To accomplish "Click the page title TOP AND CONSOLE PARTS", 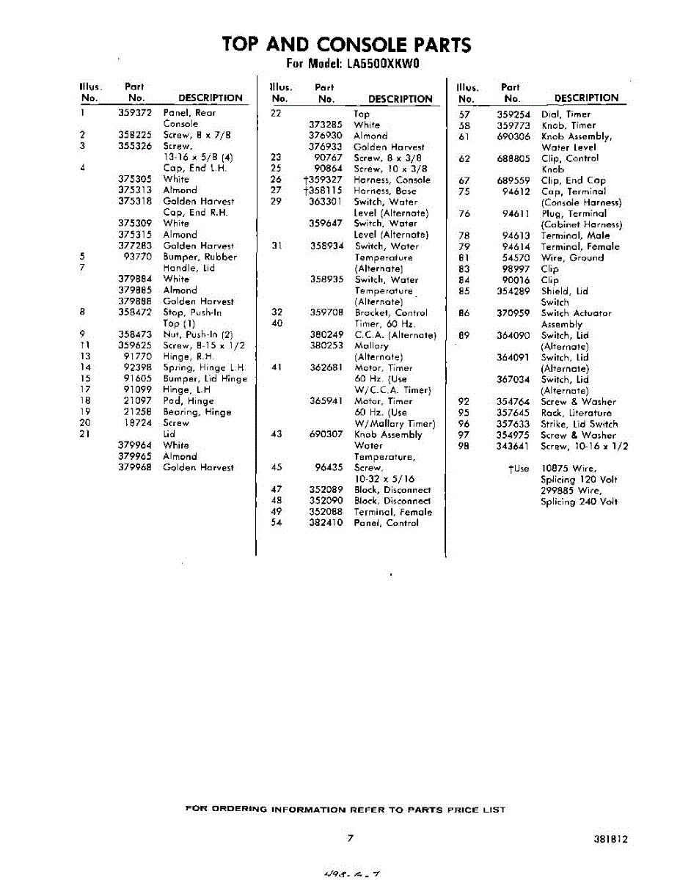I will (x=346, y=45).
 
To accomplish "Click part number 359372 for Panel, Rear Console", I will (x=135, y=113).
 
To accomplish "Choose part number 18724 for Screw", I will (x=138, y=423).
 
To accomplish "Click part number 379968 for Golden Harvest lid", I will (x=135, y=467).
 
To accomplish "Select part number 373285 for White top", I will (x=326, y=125).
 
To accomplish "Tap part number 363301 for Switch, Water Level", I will (x=326, y=202).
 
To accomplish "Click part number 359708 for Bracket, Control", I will (x=326, y=312).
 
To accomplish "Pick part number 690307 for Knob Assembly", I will (x=326, y=434).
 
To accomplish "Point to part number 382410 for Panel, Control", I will (x=326, y=523).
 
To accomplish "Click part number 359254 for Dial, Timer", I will (x=513, y=114).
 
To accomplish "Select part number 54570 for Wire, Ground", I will (x=516, y=258).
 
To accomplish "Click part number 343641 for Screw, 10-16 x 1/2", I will (x=513, y=446).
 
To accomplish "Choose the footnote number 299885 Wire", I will (x=558, y=491).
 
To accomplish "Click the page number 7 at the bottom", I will (x=351, y=838).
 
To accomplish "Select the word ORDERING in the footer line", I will (x=240, y=810).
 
